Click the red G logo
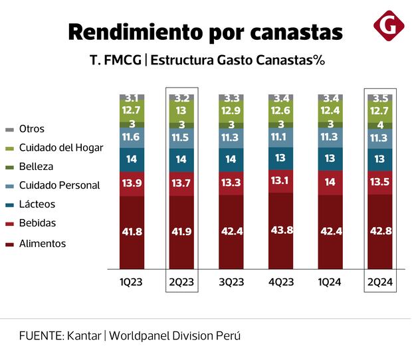pos(389,25)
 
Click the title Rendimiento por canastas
pos(205,31)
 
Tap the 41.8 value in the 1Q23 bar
pos(132,232)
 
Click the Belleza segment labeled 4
pos(381,124)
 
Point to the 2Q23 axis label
pos(181,282)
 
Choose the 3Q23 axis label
pos(232,282)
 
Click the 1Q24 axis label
pos(331,282)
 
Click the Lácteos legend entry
pos(37,205)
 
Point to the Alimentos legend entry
pos(43,244)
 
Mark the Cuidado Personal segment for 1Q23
pos(132,137)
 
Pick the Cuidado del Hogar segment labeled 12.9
pos(232,110)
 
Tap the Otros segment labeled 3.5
pos(381,98)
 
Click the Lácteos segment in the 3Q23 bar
pos(232,159)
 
